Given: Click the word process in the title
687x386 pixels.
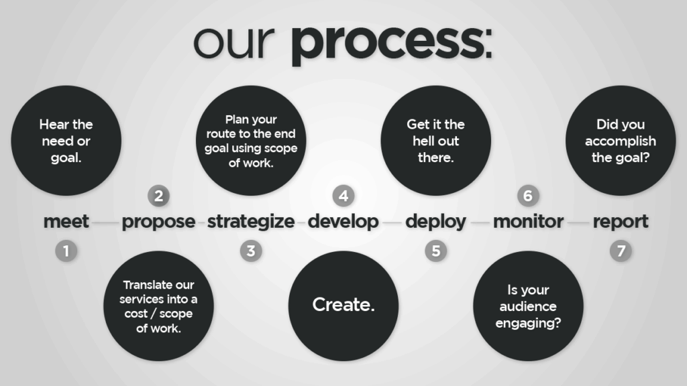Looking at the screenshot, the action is (391, 45).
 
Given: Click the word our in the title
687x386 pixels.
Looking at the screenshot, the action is (234, 42).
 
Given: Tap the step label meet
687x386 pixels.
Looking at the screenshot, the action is (66, 221).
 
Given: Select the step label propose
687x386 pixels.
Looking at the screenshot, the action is (158, 222).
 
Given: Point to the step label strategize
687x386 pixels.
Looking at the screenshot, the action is (251, 222).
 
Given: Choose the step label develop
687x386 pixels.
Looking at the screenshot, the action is (343, 221).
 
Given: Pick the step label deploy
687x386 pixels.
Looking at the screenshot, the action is (436, 221).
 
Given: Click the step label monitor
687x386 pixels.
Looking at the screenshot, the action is (529, 221).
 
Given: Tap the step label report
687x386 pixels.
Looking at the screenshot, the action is (621, 222).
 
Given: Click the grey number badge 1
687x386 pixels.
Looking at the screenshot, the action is (66, 251).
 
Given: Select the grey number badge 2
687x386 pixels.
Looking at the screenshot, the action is (158, 196).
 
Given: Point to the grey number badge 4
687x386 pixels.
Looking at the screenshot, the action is (343, 196).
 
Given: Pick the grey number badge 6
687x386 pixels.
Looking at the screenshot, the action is (528, 196).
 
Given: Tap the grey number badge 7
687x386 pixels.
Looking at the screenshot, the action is (621, 251).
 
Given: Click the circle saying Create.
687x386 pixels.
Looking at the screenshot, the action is (343, 306).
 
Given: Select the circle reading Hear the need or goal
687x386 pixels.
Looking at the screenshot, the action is (66, 141).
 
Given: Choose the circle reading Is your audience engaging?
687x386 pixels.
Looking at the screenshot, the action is (529, 306).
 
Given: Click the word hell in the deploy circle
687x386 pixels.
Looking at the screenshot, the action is (424, 141).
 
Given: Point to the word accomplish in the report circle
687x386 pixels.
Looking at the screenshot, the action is (621, 141).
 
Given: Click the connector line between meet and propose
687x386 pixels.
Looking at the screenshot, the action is (105, 222).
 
